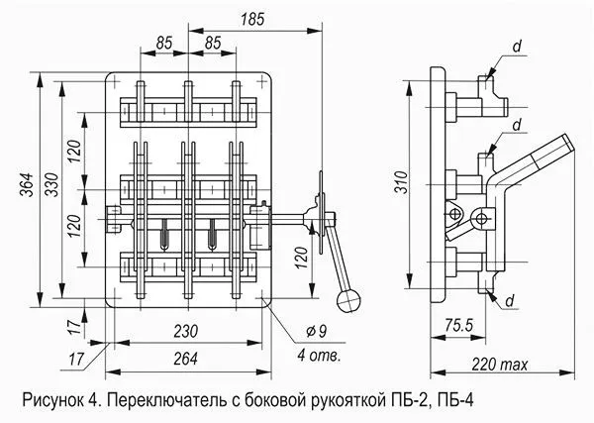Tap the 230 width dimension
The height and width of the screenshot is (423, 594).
click(x=188, y=330)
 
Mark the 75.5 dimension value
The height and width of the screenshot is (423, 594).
click(x=456, y=323)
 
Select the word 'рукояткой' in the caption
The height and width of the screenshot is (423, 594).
click(x=347, y=401)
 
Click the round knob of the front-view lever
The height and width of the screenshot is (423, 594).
click(x=348, y=297)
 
